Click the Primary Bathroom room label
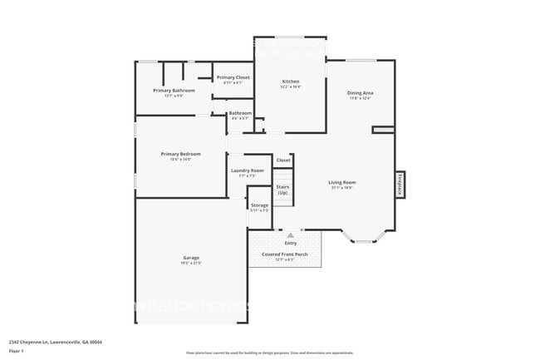pos(174,90)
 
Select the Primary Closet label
pos(233,77)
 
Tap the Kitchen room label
pos(290,81)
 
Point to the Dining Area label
pos(360,93)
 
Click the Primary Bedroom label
pos(180,154)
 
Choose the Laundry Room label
pos(247,170)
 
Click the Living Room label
pos(341,182)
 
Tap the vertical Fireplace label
pos(399,184)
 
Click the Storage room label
pos(260,205)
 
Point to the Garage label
pos(191,258)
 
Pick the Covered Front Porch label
pos(284,254)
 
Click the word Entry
pos(290,243)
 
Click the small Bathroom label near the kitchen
pos(240,113)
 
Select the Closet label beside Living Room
pos(283,160)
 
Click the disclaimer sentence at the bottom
pos(269,353)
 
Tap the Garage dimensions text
pos(191,264)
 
